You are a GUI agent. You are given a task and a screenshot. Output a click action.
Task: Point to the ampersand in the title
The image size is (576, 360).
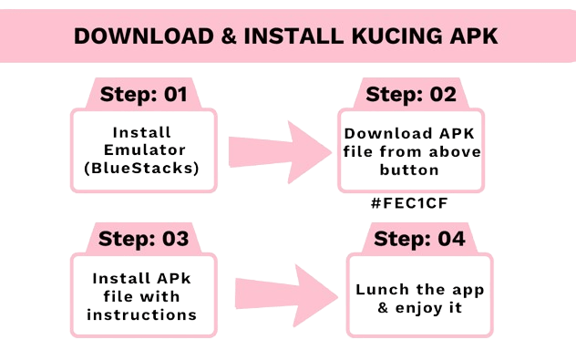pos(222,36)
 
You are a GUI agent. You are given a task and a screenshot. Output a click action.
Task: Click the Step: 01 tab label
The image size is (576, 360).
pos(143,94)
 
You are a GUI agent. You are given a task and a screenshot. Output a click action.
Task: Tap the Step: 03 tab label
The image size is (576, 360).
pos(143,239)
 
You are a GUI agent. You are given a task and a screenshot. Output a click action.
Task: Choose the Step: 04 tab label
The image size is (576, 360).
pos(418,239)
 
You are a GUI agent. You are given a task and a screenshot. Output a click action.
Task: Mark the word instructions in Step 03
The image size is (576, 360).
pos(141,315)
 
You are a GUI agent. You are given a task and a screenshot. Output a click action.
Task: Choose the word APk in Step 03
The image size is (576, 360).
pos(171,277)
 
